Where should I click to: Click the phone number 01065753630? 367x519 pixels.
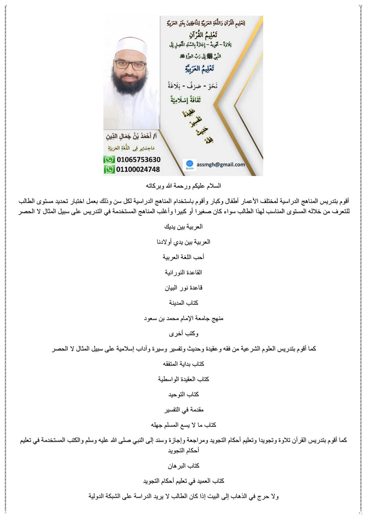(x=138, y=159)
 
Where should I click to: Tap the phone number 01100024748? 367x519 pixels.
(x=138, y=169)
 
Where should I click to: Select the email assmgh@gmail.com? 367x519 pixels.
(x=220, y=165)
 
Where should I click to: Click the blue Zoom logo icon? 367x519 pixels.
(x=190, y=165)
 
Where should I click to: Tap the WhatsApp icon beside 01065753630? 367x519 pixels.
(x=109, y=159)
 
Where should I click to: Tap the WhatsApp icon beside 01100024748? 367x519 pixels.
(x=109, y=169)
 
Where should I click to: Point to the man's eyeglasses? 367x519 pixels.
(x=130, y=65)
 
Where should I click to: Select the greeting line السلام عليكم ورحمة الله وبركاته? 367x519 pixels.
(x=183, y=186)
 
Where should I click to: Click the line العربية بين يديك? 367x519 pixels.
(x=183, y=227)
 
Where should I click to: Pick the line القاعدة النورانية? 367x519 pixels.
(x=183, y=272)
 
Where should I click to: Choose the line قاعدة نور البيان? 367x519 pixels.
(x=183, y=287)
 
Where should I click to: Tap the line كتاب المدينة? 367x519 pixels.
(x=183, y=303)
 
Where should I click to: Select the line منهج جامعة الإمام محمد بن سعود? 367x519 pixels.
(x=183, y=318)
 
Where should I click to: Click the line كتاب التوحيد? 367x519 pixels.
(x=183, y=394)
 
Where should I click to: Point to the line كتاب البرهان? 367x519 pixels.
(x=183, y=465)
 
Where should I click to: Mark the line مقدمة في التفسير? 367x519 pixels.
(x=183, y=409)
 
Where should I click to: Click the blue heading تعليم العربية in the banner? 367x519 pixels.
(x=200, y=69)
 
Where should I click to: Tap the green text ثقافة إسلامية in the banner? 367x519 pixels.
(x=186, y=100)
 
